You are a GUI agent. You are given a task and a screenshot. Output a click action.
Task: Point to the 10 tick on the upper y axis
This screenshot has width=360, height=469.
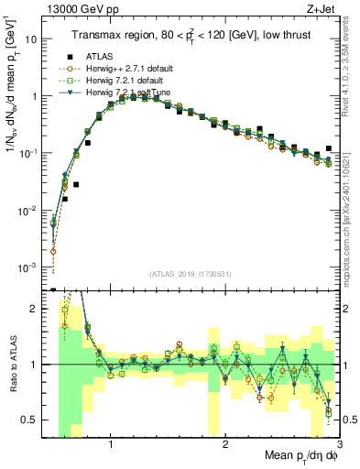tap(33, 39)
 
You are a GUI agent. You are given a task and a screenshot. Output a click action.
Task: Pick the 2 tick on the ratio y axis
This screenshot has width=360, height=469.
tap(37, 309)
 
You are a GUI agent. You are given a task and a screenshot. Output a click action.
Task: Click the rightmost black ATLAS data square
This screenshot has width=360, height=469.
tap(328, 148)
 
